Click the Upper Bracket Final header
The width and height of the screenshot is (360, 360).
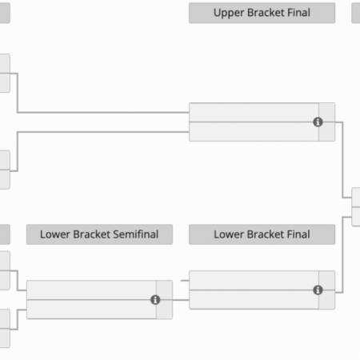coord(262,13)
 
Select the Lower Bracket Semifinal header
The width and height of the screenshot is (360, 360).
coord(99,234)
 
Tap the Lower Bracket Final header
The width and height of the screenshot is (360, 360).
coord(262,234)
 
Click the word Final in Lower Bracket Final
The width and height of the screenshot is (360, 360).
coord(296,234)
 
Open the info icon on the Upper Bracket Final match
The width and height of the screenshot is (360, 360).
coord(318,122)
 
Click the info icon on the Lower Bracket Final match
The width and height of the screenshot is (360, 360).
coord(318,290)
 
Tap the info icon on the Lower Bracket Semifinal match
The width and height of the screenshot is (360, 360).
coord(155,299)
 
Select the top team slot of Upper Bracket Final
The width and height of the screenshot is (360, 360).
coord(253,112)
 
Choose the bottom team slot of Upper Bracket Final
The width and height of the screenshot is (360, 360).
coord(253,131)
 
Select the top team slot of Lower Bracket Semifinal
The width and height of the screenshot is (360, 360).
coord(90,290)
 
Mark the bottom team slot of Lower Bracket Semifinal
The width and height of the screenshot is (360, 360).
coord(90,309)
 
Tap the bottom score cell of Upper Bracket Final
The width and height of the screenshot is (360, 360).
coord(327,133)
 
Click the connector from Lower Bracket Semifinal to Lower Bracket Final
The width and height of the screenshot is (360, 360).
coord(181,299)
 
